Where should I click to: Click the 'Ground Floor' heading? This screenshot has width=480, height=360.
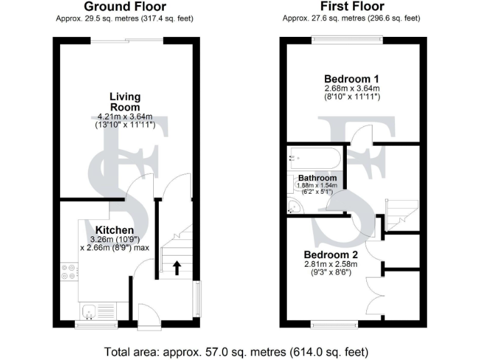coord(125,7)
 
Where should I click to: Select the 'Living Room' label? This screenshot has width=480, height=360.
coord(125,102)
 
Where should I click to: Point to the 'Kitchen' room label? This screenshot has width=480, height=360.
coord(114,231)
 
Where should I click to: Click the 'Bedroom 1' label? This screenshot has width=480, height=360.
coord(351,79)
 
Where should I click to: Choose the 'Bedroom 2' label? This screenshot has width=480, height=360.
coord(331,255)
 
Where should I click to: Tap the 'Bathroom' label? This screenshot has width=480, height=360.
coord(317,178)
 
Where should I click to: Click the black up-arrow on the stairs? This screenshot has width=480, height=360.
coord(176,268)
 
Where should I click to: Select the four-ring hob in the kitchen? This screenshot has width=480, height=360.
coord(69,271)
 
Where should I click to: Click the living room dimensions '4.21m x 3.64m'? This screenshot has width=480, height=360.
coord(125,117)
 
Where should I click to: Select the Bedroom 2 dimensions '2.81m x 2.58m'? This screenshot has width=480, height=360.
coord(331,264)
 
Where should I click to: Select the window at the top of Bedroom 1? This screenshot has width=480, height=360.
coord(347,41)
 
